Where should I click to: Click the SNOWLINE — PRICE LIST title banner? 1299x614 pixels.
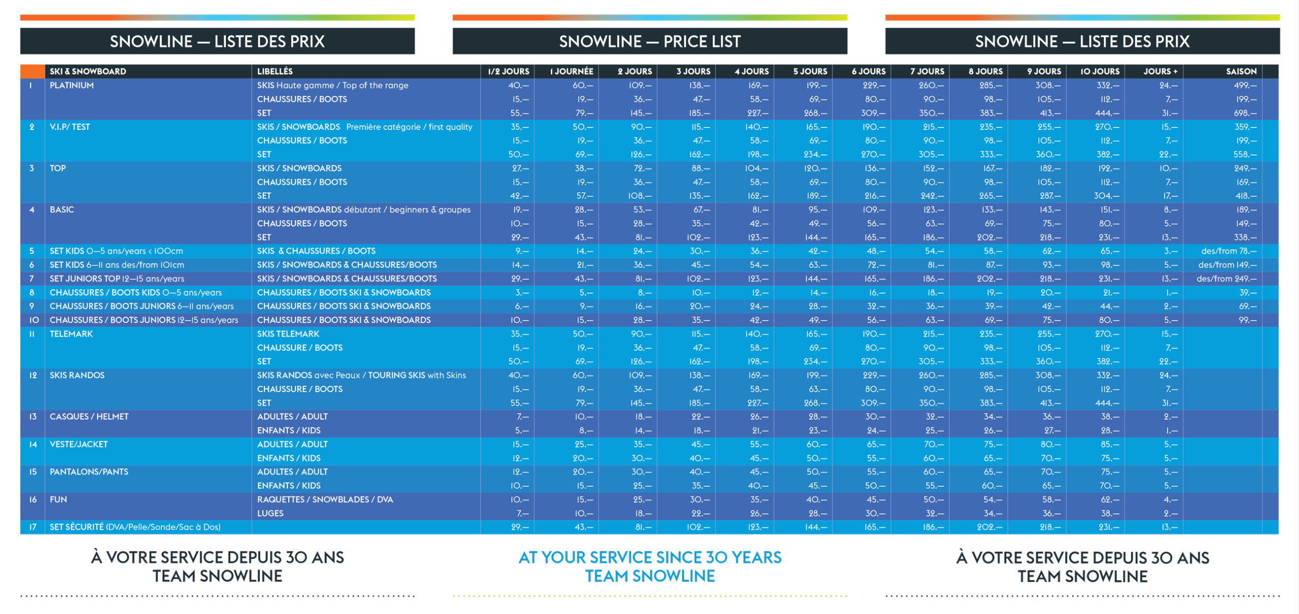pyautogui.click(x=649, y=41)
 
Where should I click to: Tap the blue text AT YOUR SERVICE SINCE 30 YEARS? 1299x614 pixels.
pyautogui.click(x=649, y=557)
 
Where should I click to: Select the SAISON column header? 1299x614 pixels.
pyautogui.click(x=1241, y=72)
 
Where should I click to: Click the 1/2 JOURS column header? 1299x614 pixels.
pyautogui.click(x=508, y=72)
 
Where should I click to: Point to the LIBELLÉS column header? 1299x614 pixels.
pyautogui.click(x=275, y=72)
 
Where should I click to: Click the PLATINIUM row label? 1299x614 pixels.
pyautogui.click(x=72, y=85)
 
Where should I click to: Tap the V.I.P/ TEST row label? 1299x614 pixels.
pyautogui.click(x=70, y=127)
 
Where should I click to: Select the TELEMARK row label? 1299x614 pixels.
pyautogui.click(x=71, y=334)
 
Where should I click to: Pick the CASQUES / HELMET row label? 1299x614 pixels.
pyautogui.click(x=89, y=417)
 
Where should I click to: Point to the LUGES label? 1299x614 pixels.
pyautogui.click(x=270, y=514)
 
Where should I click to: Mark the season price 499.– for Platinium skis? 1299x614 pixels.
pyautogui.click(x=1245, y=85)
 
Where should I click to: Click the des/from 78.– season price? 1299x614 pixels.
pyautogui.click(x=1228, y=251)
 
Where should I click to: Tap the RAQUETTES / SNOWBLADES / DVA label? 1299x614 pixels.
pyautogui.click(x=325, y=500)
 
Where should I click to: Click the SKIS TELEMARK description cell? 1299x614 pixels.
pyautogui.click(x=288, y=334)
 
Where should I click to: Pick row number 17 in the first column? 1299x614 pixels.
pyautogui.click(x=33, y=527)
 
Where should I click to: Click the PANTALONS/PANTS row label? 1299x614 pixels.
pyautogui.click(x=89, y=472)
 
